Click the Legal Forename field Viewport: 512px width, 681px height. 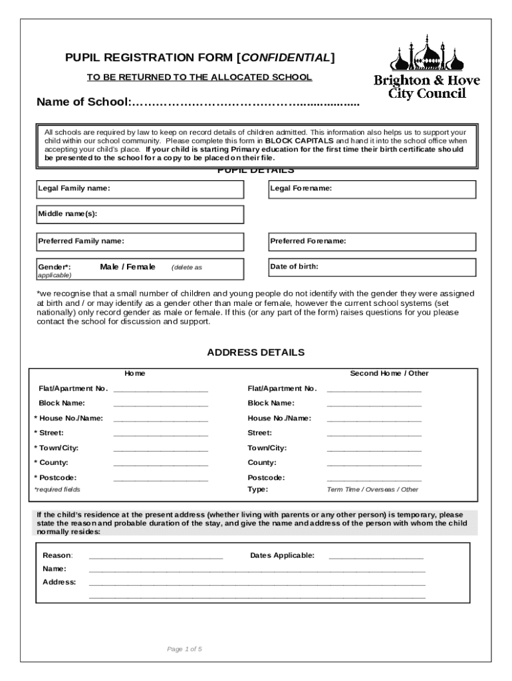coord(372,189)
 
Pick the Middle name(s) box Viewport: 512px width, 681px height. coord(140,214)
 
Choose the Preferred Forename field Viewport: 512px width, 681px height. coord(372,241)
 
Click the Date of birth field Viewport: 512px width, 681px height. coord(372,267)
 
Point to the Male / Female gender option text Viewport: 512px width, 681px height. coord(128,267)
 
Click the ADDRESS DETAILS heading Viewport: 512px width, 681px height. coord(256,352)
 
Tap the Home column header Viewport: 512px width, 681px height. coord(135,373)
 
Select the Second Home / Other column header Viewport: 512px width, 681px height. coord(390,373)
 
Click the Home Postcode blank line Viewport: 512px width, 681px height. coord(160,479)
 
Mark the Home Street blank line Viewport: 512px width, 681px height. coord(160,434)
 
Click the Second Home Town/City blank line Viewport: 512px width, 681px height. coord(374,449)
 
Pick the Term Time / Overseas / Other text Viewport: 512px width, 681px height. coord(372,489)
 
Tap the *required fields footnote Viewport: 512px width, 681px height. coord(57,489)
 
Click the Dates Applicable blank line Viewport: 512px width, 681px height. coord(376,557)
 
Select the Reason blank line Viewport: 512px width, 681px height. coord(156,557)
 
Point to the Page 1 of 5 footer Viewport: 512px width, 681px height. coord(185,649)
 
